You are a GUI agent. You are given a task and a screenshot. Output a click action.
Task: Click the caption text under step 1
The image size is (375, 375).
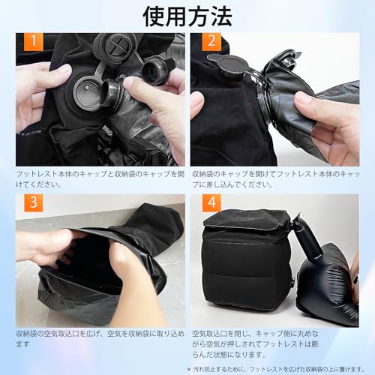pyautogui.click(x=97, y=178)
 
